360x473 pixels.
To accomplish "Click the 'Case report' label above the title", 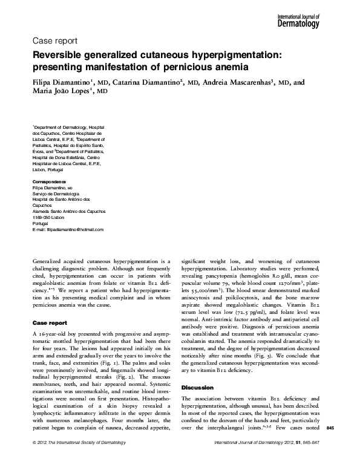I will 54,42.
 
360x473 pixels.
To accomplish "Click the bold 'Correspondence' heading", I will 50,181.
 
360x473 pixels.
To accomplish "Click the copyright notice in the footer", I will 78,460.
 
